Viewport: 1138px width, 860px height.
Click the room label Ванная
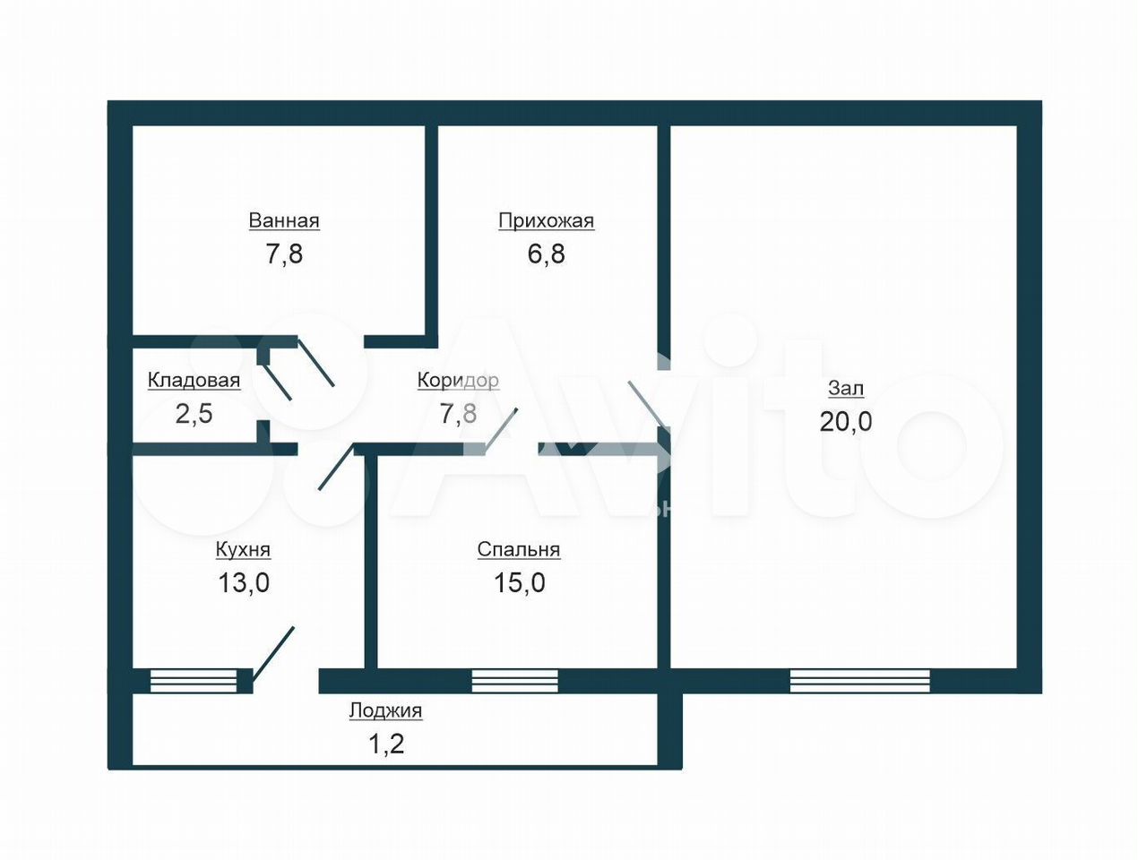point(283,220)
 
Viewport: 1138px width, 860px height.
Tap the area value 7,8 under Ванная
point(284,254)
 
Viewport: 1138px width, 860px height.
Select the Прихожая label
point(546,221)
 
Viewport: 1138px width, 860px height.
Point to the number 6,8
point(546,254)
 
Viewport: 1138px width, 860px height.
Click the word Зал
point(846,388)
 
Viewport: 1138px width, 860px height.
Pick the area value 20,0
point(846,421)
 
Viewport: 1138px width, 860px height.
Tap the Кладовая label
point(194,380)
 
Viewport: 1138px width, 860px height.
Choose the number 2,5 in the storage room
point(194,414)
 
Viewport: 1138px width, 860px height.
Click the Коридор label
point(458,380)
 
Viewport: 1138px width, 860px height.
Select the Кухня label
point(243,550)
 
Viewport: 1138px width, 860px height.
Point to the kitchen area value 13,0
point(244,583)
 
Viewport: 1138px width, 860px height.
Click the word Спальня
point(519,550)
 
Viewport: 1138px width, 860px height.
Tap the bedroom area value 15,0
point(519,583)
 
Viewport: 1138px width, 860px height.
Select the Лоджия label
point(385,710)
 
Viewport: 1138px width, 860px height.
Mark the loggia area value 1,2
point(385,744)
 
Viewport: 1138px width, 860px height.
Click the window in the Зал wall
point(859,681)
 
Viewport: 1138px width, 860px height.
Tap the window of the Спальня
point(515,681)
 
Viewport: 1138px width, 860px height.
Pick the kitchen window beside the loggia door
point(194,681)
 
